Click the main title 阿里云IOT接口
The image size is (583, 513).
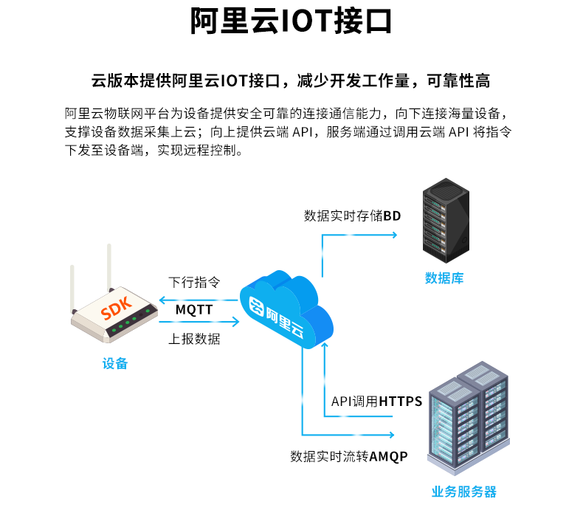point(291,23)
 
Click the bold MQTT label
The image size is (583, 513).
point(194,310)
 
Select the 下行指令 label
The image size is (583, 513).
point(194,283)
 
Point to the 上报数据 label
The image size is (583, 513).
point(194,340)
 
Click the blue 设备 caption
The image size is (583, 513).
point(115,363)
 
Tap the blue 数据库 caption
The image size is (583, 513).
point(444,278)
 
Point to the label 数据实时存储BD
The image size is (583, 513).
point(352,216)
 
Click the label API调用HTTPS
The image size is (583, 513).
point(376,402)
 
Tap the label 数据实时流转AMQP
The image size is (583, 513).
point(348,456)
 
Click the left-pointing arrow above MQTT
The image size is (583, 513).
point(163,300)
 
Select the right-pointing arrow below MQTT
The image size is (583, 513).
point(235,322)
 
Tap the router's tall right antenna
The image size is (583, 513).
point(108,266)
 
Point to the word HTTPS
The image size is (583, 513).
point(401,402)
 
